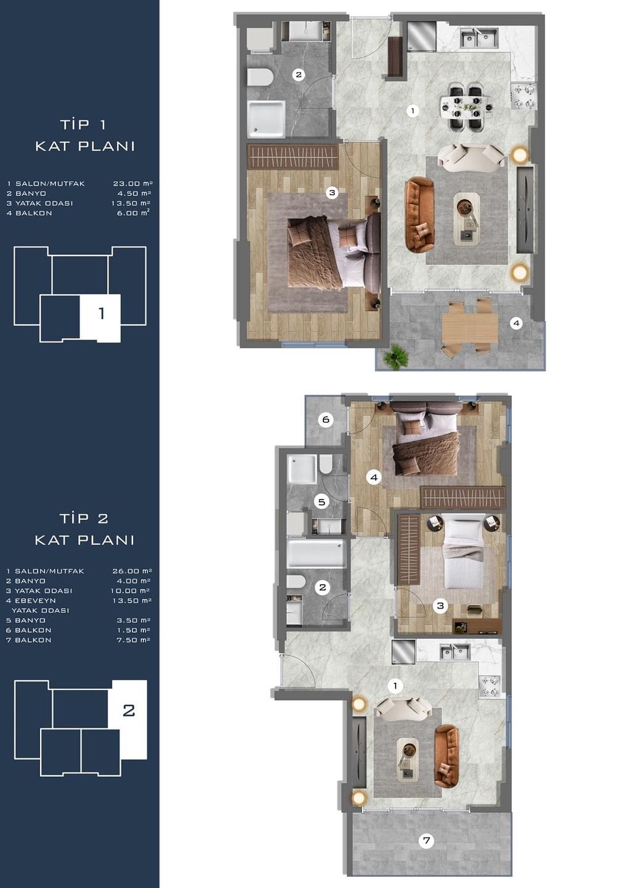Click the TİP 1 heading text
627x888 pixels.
tap(83, 125)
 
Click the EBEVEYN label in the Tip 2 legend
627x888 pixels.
tap(31, 601)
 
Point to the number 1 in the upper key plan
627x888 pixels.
tap(102, 314)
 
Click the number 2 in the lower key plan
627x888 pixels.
tap(129, 710)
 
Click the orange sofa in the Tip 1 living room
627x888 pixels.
tap(419, 215)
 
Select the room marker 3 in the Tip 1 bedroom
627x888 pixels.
tap(332, 193)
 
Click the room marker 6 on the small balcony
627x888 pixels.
tap(326, 419)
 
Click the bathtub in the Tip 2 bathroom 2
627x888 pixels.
tap(316, 554)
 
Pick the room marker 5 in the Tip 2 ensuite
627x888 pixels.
tap(322, 502)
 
